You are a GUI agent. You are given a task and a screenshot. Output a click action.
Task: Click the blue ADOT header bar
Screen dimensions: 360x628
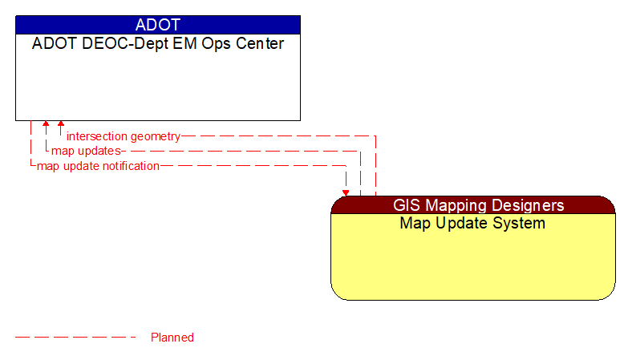pyautogui.click(x=157, y=24)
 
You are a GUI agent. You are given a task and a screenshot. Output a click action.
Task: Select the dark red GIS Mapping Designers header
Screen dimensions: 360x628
pyautogui.click(x=472, y=205)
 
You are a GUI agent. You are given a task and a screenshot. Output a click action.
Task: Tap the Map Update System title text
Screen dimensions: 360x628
pyautogui.click(x=472, y=223)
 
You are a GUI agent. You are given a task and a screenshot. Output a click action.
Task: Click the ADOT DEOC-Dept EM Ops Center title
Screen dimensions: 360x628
pyautogui.click(x=157, y=44)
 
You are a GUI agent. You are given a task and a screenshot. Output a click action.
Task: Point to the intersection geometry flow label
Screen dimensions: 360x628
pyautogui.click(x=123, y=136)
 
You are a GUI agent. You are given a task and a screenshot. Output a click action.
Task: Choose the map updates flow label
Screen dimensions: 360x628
pyautogui.click(x=86, y=151)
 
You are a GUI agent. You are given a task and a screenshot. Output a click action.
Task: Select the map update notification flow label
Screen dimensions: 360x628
pyautogui.click(x=98, y=166)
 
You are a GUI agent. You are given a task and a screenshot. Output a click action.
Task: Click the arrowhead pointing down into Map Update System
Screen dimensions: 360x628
pyautogui.click(x=346, y=192)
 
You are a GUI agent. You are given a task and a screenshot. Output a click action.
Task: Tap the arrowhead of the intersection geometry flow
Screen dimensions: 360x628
pyautogui.click(x=60, y=125)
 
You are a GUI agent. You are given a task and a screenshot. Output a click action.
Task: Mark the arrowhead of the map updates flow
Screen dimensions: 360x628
pyautogui.click(x=46, y=125)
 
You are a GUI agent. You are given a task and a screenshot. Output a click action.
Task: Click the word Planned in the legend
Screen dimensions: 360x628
pyautogui.click(x=172, y=338)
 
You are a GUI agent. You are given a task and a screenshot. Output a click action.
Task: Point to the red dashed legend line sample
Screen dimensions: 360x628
pyautogui.click(x=76, y=338)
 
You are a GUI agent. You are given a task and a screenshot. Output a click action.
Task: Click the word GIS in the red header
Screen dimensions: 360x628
pyautogui.click(x=408, y=205)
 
